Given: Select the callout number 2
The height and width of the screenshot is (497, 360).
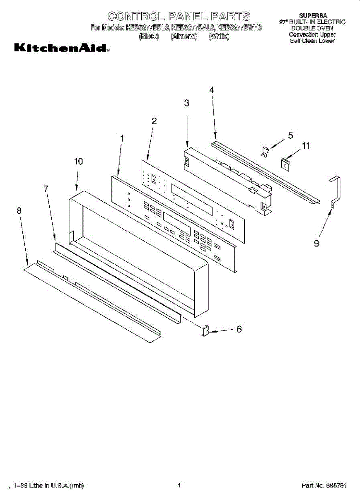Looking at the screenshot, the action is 154,121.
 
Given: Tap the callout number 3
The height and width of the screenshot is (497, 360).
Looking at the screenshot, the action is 187,103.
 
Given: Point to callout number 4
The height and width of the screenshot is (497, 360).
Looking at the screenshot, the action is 212,90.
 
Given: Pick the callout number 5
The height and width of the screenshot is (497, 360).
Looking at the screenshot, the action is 290,135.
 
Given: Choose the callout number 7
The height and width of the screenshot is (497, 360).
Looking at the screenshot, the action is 46,188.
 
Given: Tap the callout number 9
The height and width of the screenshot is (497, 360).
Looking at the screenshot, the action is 317,244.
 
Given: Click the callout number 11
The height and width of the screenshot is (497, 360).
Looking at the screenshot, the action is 306,146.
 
